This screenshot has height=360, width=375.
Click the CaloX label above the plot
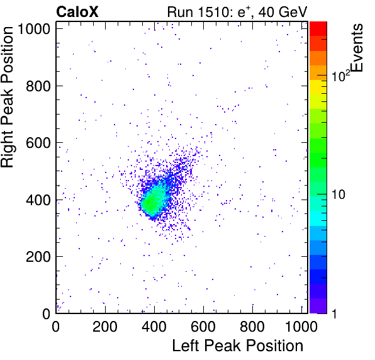tap(77, 12)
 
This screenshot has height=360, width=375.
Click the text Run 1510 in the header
tap(199, 12)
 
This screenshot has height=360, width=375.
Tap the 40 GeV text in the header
tap(283, 12)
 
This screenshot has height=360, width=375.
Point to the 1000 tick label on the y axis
tap(33, 29)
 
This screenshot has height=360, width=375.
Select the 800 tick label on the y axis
tap(38, 86)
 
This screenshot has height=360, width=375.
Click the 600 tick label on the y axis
tap(38, 143)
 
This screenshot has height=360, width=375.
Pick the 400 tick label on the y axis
tap(38, 200)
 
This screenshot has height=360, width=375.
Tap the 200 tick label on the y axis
tap(38, 257)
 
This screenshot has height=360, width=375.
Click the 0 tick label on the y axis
tap(46, 313)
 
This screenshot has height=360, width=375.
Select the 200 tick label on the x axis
tap(105, 327)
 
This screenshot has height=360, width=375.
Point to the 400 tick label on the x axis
tap(154, 327)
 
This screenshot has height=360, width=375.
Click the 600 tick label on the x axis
tap(203, 327)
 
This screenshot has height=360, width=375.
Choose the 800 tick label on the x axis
tap(252, 327)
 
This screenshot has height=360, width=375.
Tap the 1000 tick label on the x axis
tap(301, 327)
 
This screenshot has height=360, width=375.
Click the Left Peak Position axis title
tap(238, 346)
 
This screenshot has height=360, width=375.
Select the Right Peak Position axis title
tap(7, 97)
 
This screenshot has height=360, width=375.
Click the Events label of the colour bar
tap(357, 48)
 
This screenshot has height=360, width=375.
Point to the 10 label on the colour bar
tap(339, 194)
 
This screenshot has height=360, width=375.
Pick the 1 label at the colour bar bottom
tap(334, 313)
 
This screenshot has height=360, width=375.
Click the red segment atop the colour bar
tap(318, 29)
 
